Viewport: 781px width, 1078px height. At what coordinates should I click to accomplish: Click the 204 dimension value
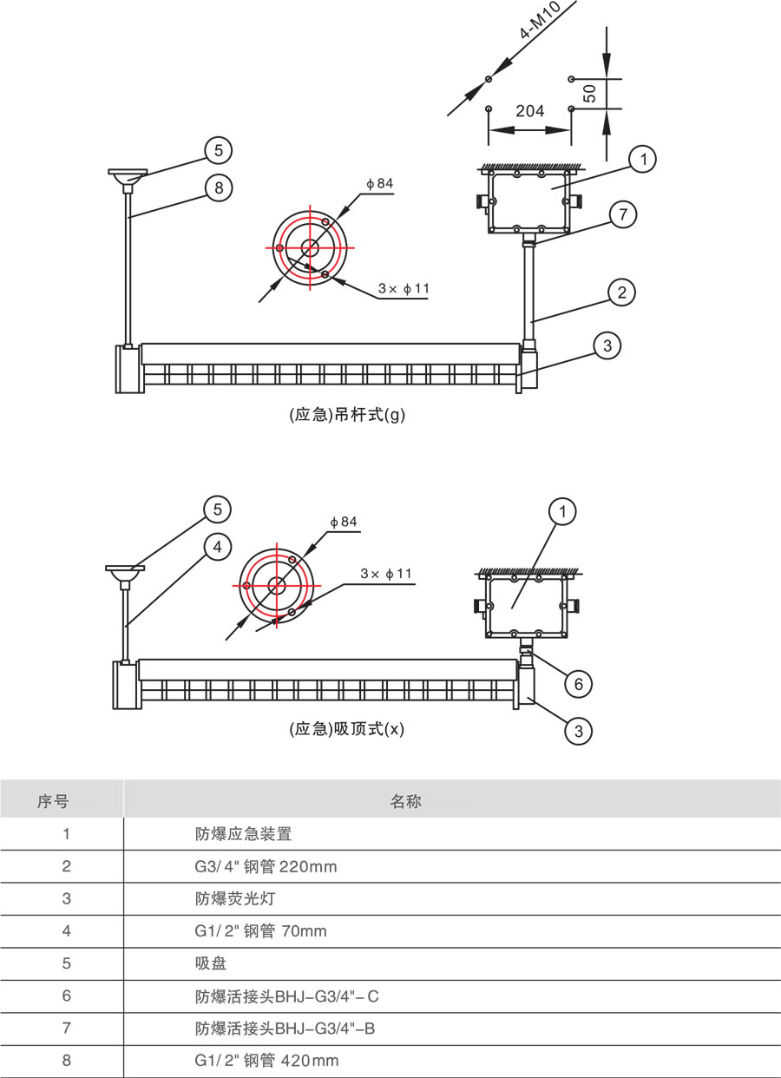tap(530, 111)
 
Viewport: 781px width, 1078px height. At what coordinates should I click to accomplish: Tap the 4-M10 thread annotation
tap(541, 20)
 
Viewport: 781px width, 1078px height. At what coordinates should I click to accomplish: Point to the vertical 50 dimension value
tap(590, 94)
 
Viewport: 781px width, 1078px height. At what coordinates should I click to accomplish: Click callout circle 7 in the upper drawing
tap(623, 214)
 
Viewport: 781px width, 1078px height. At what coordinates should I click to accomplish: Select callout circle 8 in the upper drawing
tap(219, 187)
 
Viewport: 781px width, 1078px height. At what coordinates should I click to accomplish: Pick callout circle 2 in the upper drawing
tap(621, 293)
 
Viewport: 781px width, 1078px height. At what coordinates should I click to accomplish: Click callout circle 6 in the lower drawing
tap(579, 684)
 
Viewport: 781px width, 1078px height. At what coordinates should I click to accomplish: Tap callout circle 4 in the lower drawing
tap(218, 547)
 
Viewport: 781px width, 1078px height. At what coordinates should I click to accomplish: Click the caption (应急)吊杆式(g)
tap(347, 415)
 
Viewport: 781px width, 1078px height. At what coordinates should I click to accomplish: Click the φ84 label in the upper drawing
tap(380, 183)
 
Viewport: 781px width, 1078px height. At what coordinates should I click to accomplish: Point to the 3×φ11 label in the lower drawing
tap(386, 574)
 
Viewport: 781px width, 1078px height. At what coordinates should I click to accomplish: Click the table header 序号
tap(53, 801)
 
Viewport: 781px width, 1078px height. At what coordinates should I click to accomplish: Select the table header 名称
tap(405, 801)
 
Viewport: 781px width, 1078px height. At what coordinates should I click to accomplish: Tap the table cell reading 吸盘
tap(211, 963)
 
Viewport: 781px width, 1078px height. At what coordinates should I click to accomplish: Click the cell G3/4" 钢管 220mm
tap(266, 867)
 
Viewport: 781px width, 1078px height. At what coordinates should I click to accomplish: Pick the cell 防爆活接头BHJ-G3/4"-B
tap(285, 1029)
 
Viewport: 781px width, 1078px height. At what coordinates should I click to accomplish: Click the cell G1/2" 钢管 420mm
tap(266, 1060)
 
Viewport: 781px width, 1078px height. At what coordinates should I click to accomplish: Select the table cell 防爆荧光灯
tap(235, 898)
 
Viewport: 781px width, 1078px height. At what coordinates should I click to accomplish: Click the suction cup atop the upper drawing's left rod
tap(128, 176)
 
